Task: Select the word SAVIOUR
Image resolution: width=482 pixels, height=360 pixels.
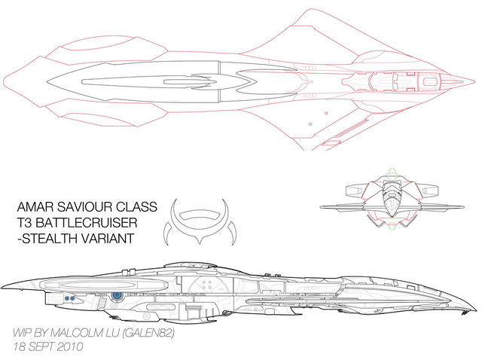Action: [87, 206]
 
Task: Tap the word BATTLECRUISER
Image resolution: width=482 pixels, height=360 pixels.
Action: [96, 223]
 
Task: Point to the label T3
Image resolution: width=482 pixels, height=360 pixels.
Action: [26, 223]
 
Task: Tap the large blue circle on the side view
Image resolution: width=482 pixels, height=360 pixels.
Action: [117, 297]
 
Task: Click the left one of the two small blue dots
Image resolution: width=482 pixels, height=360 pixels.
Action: [66, 299]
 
